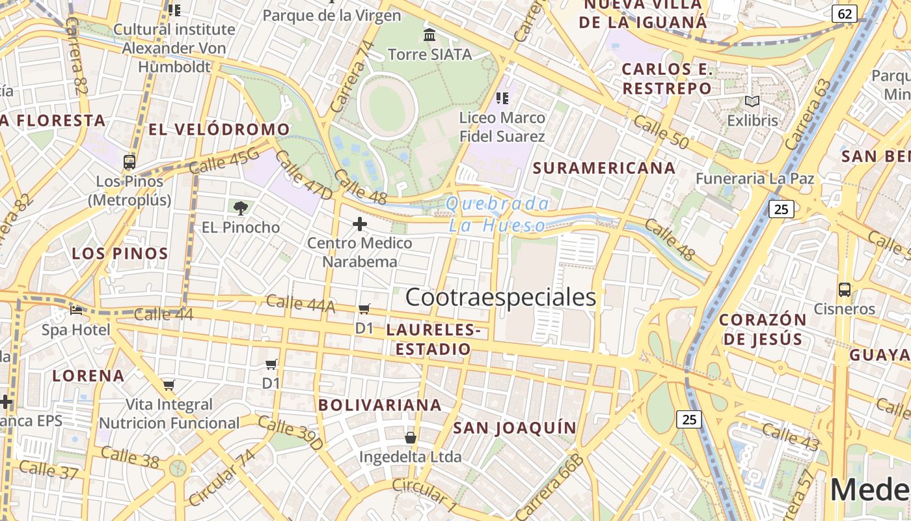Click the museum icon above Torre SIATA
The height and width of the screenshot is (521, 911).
429,35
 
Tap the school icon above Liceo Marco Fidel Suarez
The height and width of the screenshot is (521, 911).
502,98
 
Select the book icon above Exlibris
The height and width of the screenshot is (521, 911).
752,102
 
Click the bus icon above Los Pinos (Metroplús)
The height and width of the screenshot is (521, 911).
129,162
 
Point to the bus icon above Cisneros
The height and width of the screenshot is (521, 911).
845,290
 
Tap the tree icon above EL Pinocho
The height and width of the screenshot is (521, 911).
241,208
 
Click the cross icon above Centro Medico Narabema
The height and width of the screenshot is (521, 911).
360,224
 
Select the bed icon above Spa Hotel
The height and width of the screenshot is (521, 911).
76,311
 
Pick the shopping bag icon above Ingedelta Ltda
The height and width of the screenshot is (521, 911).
411,437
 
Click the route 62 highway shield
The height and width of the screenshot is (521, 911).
845,14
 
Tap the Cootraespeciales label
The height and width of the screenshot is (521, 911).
500,297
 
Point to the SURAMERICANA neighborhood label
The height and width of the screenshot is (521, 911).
605,168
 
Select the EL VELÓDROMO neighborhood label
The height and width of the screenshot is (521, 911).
219,129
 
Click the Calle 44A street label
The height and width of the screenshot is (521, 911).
300,303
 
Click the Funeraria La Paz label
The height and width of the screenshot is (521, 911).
755,178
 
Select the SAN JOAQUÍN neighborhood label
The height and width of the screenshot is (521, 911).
515,428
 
